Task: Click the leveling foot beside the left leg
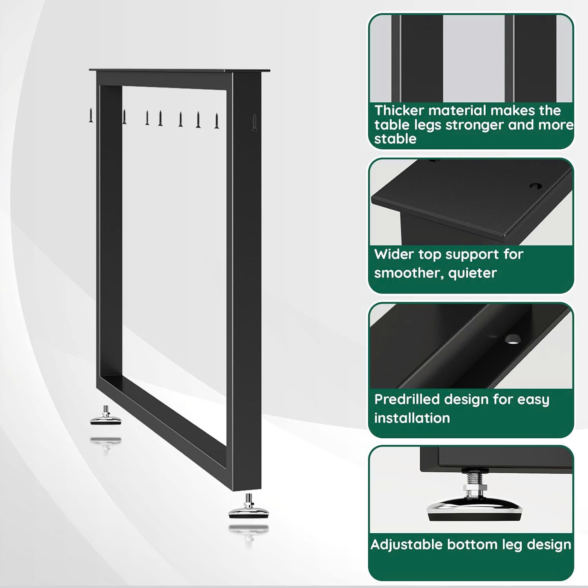pos(105,416)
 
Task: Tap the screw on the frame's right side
pos(254,122)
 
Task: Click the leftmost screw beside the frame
pos(90,116)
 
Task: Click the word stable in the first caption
pos(395,139)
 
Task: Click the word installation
pos(412,418)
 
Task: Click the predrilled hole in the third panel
pos(512,339)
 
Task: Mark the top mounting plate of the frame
pos(180,70)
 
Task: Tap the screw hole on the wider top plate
pos(535,186)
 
